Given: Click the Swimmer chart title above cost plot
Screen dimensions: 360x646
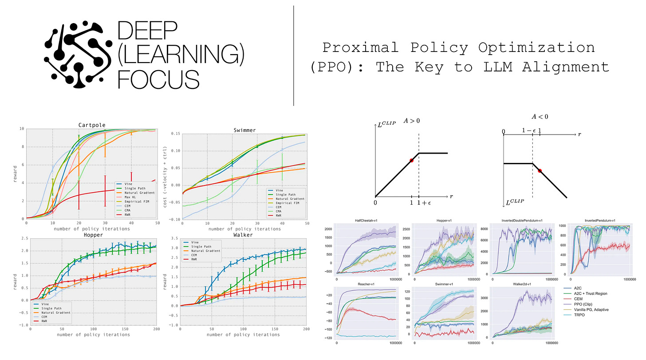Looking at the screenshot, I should pyautogui.click(x=245, y=130).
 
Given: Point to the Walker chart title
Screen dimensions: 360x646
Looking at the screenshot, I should pyautogui.click(x=243, y=235).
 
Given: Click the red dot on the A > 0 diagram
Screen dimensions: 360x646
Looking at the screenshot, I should pyautogui.click(x=411, y=160).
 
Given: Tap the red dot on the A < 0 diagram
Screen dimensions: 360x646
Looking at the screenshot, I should pyautogui.click(x=540, y=170).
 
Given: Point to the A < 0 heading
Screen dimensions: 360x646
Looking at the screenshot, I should pyautogui.click(x=540, y=117).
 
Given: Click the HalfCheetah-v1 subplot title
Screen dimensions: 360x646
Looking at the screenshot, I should pyautogui.click(x=366, y=221).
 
